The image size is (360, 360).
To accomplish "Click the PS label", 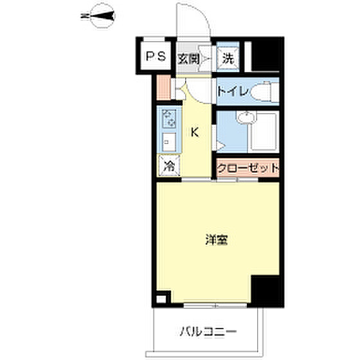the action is tap(156, 57).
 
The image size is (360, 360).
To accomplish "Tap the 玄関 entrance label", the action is tap(188, 59).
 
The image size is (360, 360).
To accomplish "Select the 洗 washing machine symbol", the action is tap(228, 58).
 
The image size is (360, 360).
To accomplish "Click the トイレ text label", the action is tap(233, 91).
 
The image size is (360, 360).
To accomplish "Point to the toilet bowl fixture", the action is tap(264, 92).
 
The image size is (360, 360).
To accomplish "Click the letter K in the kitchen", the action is tap(195, 132).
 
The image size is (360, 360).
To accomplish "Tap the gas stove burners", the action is tap(169, 118).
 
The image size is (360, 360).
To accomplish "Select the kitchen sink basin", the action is tap(169, 142).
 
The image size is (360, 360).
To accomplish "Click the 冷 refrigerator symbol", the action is tap(169, 166).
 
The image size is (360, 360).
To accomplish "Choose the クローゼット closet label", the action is tap(248, 168).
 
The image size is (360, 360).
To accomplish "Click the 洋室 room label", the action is tap(216, 240).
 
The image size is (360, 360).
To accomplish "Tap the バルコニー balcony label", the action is tap(208, 332).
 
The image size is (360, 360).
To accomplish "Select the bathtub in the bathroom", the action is tap(264, 132).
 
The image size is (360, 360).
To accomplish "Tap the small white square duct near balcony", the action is tap(161, 299).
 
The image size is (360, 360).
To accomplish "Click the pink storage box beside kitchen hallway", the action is tap(163, 87).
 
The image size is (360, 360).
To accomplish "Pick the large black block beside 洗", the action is tap(265, 57).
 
